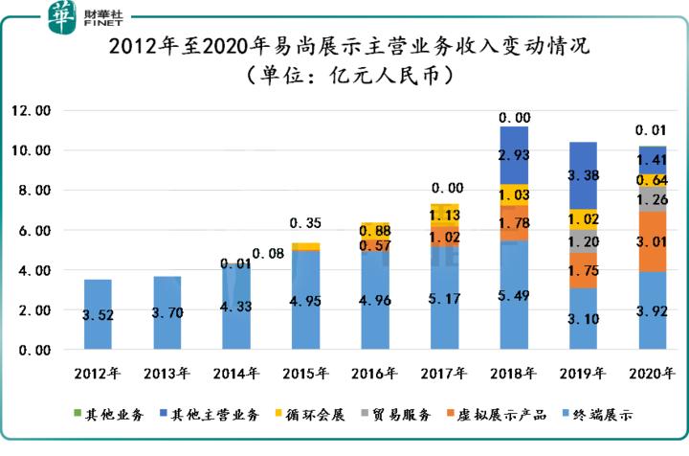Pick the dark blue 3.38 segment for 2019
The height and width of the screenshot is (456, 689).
(x=584, y=175)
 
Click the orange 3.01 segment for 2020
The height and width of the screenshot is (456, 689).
(x=655, y=240)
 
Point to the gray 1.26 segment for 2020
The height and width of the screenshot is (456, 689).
(x=655, y=199)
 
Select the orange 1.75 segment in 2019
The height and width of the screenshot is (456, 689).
(x=584, y=271)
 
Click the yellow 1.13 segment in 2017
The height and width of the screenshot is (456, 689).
(x=444, y=216)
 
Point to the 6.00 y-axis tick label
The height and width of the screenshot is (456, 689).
(x=33, y=231)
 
